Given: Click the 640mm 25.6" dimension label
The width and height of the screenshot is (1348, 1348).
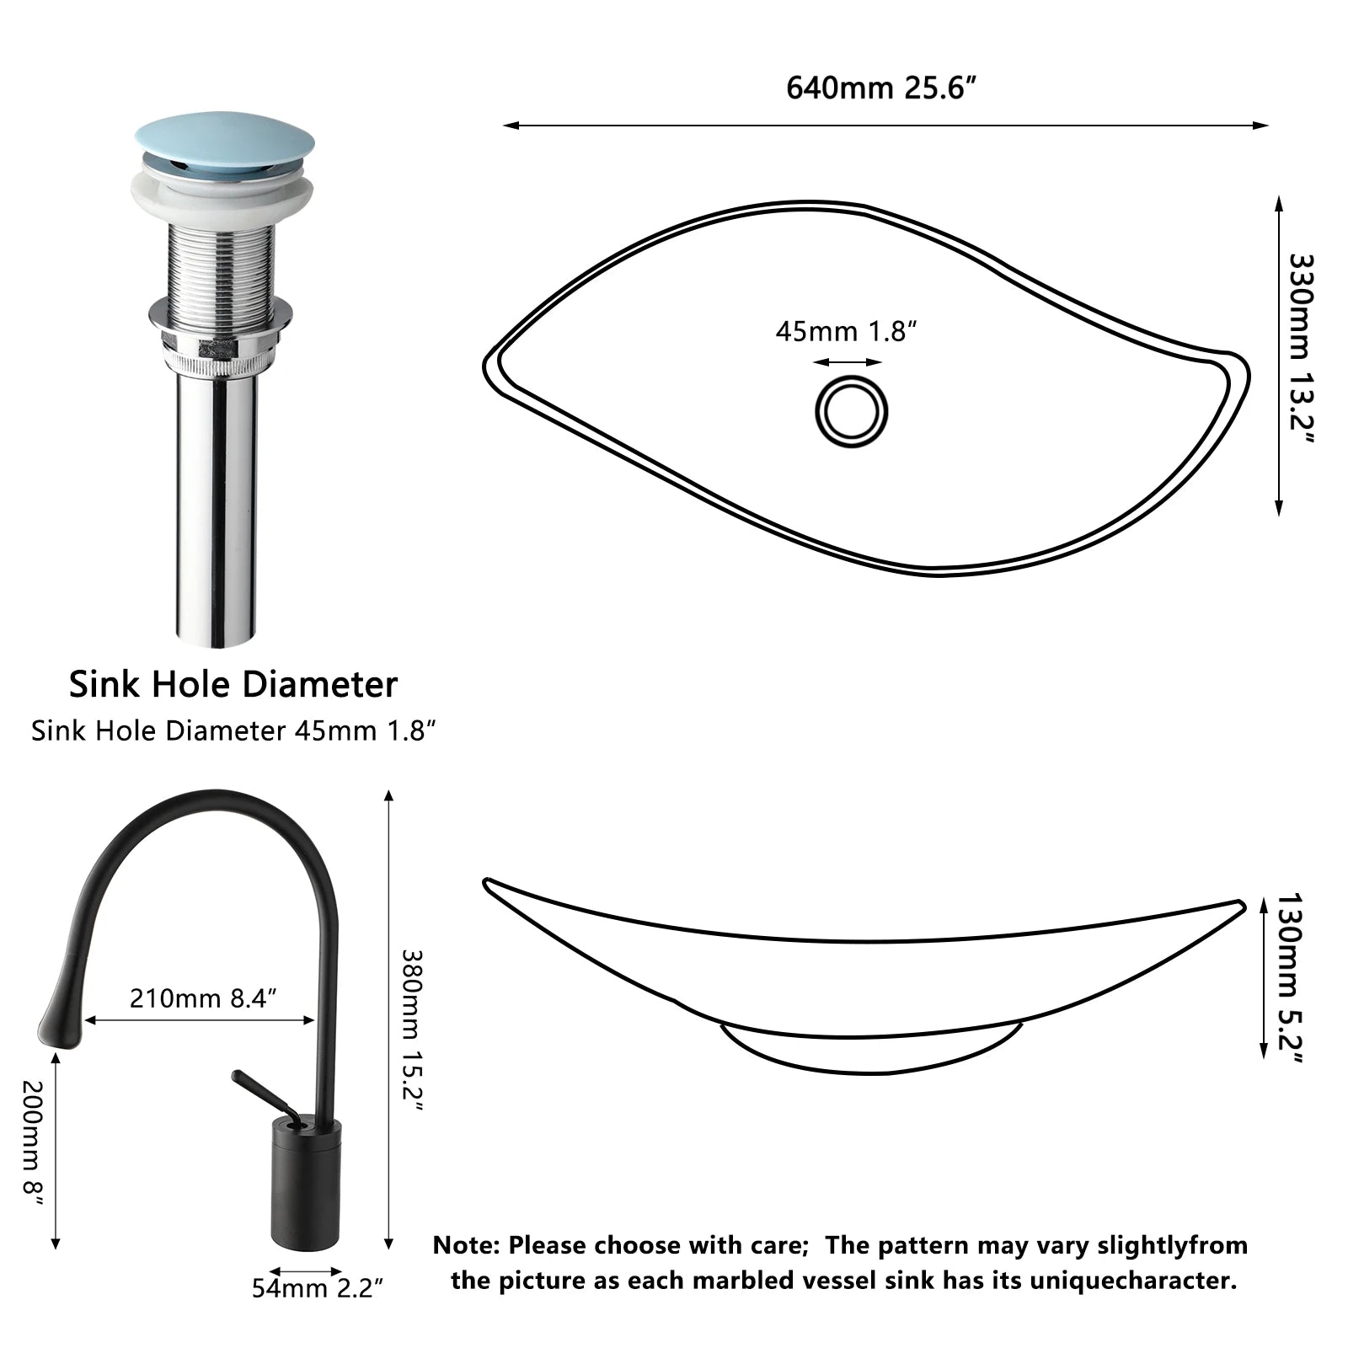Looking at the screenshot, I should pyautogui.click(x=880, y=88).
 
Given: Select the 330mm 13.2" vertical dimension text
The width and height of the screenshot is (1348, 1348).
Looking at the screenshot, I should pyautogui.click(x=1300, y=349).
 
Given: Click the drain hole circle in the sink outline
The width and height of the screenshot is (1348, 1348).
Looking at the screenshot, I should pyautogui.click(x=851, y=412).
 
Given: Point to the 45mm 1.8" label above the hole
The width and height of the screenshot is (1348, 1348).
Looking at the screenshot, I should pyautogui.click(x=846, y=332).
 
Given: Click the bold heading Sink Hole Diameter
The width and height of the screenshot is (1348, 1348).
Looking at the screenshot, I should pyautogui.click(x=233, y=684).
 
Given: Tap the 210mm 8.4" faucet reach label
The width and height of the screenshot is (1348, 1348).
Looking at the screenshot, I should pyautogui.click(x=203, y=998).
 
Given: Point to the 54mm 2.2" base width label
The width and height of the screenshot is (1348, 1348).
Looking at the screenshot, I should pyautogui.click(x=318, y=1288).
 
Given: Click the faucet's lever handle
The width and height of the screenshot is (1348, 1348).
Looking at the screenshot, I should pyautogui.click(x=261, y=1094).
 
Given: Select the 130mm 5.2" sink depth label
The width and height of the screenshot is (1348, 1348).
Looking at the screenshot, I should pyautogui.click(x=1288, y=977).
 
